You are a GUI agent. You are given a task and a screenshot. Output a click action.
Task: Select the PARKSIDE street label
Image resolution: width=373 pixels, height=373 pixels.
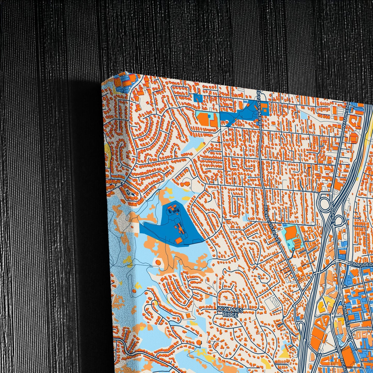(x=360, y=264)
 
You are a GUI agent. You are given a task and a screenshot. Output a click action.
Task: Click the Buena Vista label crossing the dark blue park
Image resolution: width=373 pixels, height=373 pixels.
(x=260, y=113)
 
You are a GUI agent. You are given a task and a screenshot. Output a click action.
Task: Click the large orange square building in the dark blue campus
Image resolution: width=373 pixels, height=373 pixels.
(x=178, y=241)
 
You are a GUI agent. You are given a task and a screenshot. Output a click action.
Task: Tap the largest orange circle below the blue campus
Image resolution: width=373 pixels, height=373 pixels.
(x=158, y=263)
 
